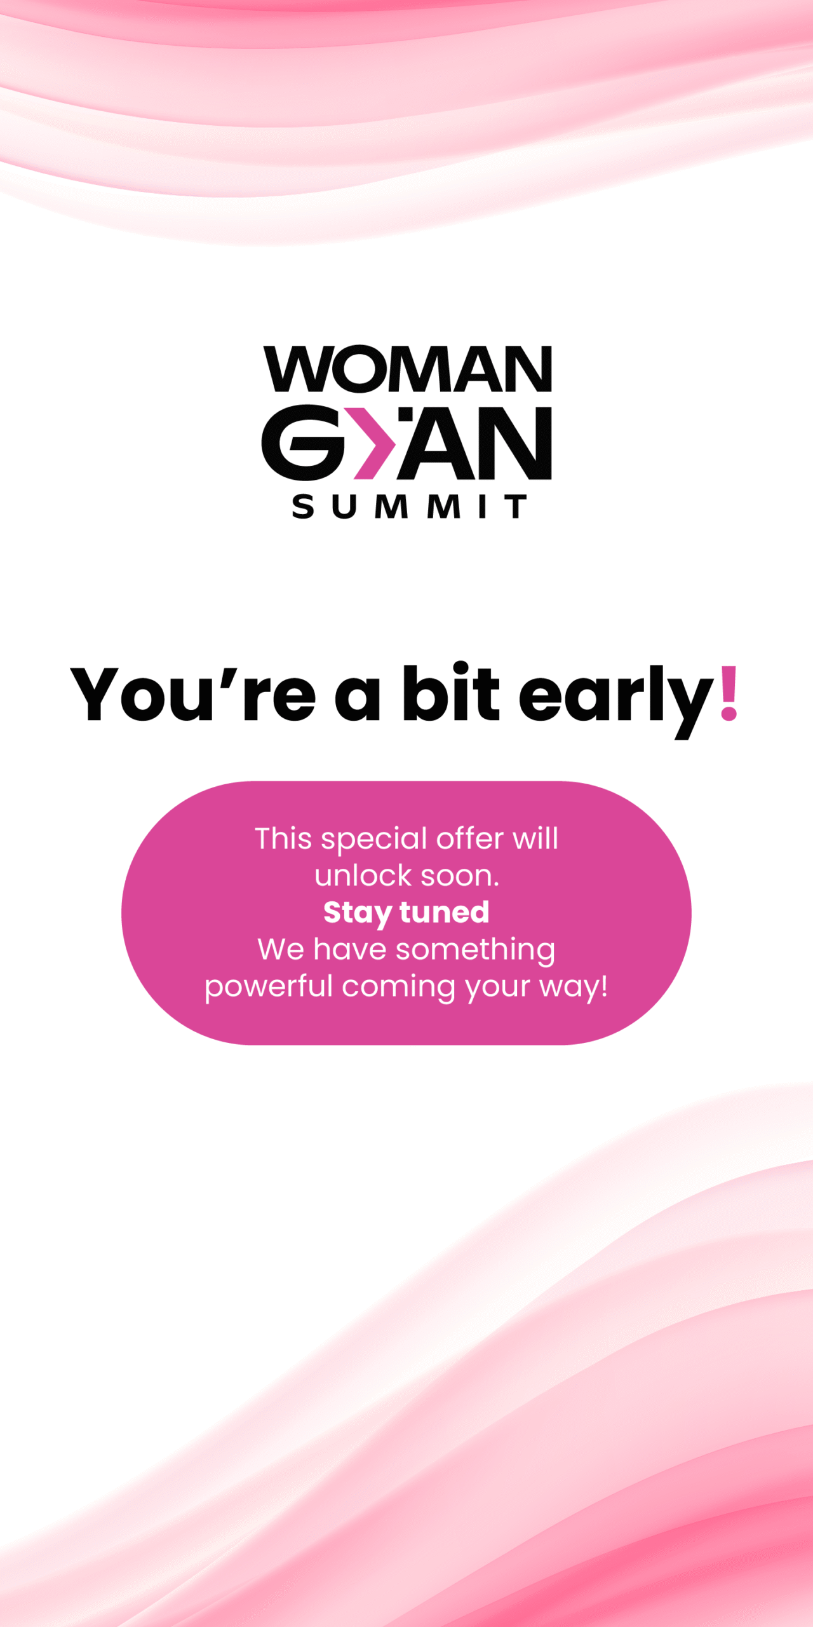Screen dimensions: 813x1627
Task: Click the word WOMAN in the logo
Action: tap(407, 369)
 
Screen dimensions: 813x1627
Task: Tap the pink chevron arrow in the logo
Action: tap(374, 443)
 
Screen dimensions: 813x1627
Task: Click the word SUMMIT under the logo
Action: tap(409, 507)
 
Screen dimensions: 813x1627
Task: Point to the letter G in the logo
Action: tap(303, 442)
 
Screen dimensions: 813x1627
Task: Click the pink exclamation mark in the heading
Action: tap(729, 693)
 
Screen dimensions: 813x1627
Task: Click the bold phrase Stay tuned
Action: tap(406, 913)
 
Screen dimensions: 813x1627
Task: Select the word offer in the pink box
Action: tap(470, 838)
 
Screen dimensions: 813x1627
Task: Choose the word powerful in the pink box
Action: tap(269, 987)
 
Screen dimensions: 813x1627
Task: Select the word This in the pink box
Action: tap(283, 838)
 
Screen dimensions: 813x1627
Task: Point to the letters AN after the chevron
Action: tap(475, 443)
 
